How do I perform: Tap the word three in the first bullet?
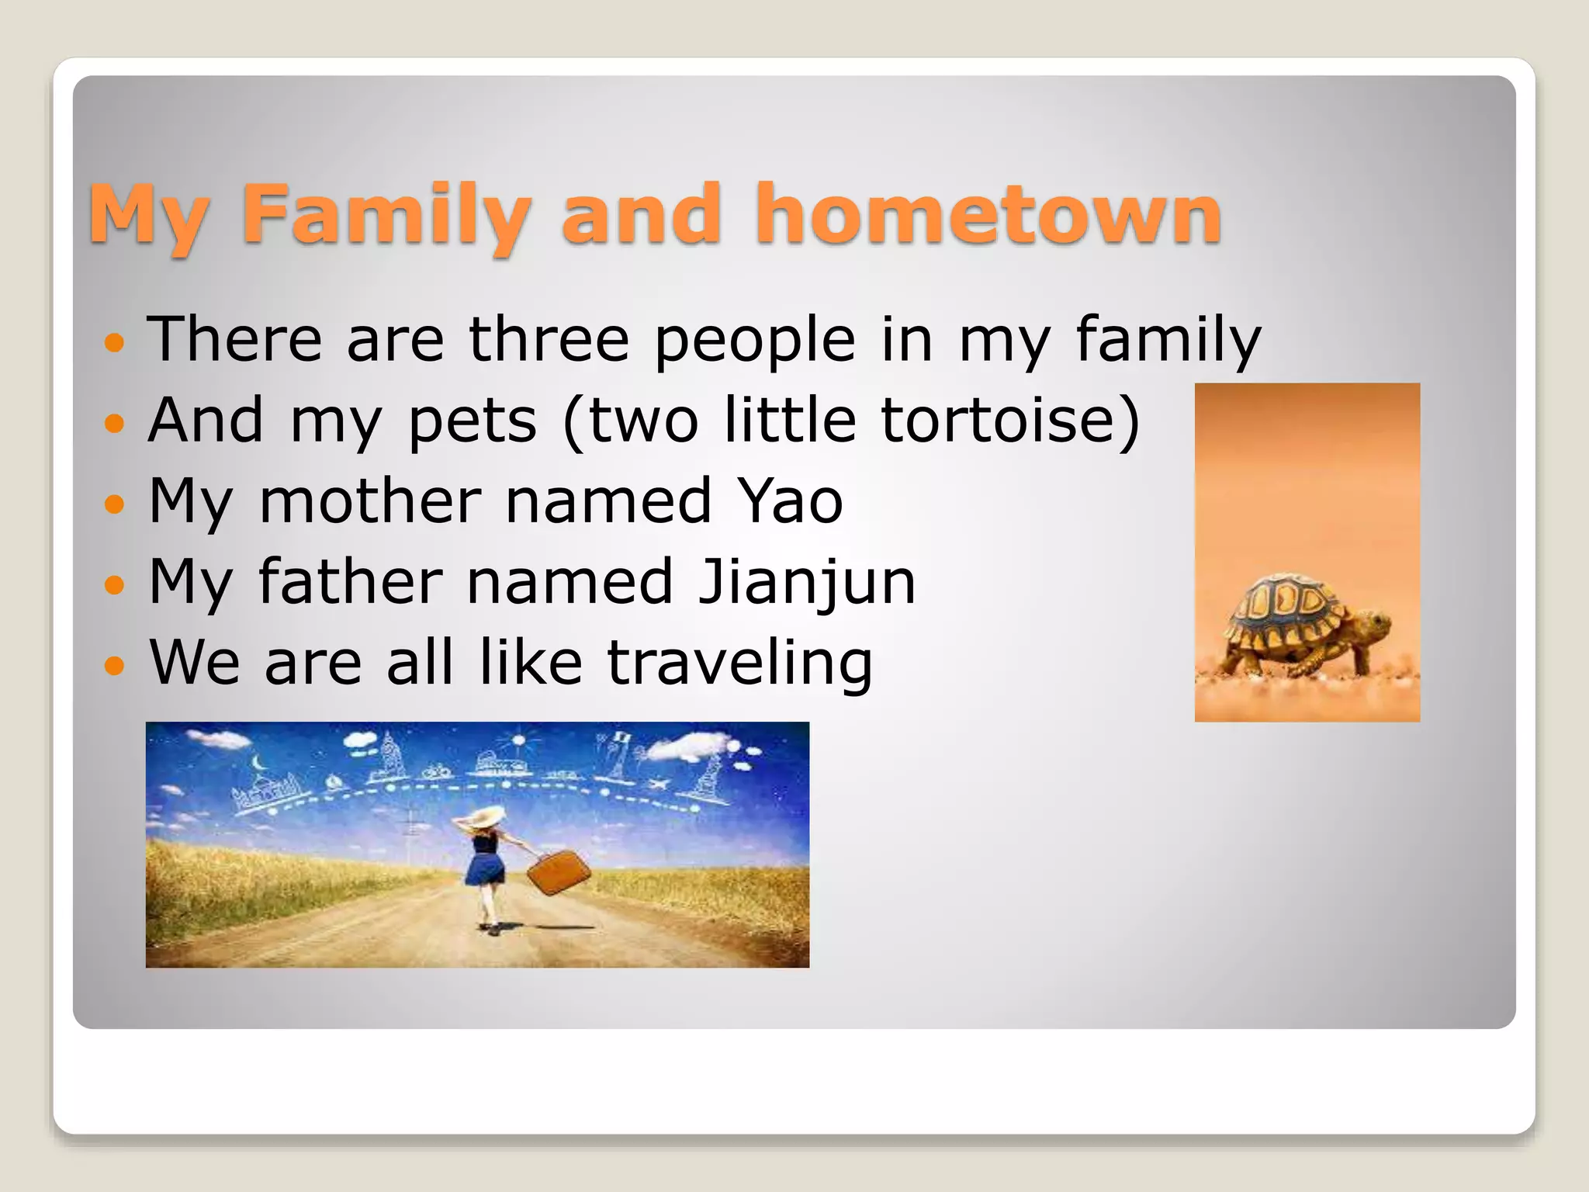click(549, 340)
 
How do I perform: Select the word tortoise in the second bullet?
click(1000, 421)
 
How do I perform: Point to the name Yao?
click(789, 501)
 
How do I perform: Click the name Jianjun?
click(807, 582)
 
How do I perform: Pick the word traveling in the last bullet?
click(739, 664)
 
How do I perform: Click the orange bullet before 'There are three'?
click(114, 341)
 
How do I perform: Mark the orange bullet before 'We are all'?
click(114, 665)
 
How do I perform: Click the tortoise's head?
click(1374, 622)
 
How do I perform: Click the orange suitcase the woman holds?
click(558, 872)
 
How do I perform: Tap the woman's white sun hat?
click(487, 817)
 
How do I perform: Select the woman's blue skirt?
click(485, 869)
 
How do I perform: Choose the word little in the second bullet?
click(789, 421)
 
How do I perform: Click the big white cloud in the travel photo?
click(686, 747)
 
